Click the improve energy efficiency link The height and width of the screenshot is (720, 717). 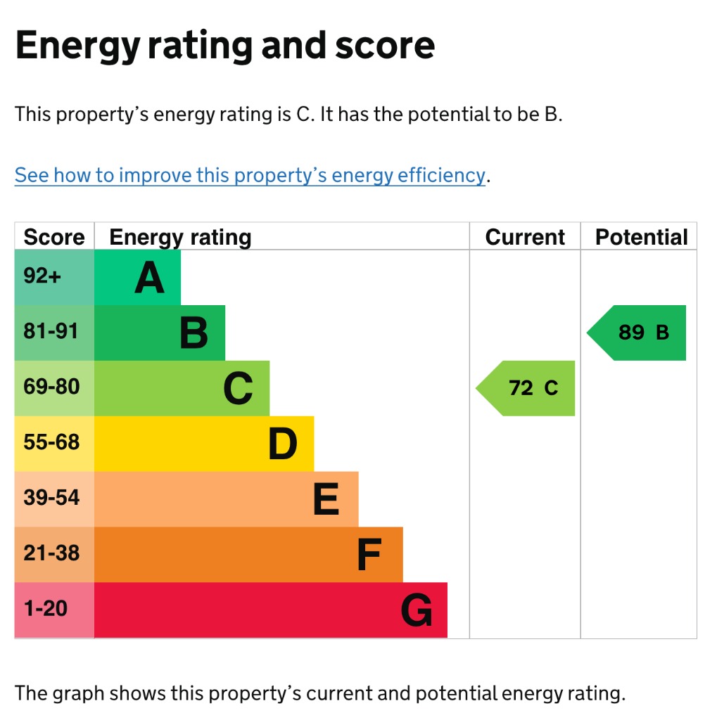(x=250, y=175)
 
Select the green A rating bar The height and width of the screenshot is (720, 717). (x=137, y=278)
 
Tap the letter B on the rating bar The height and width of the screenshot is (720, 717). (x=193, y=333)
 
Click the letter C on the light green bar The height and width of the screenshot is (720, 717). (x=238, y=389)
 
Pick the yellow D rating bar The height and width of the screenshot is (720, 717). (x=204, y=444)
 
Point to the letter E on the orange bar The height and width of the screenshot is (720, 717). (x=326, y=499)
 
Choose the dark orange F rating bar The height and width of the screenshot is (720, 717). (x=248, y=555)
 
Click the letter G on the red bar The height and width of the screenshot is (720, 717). (x=416, y=610)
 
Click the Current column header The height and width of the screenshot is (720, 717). (x=525, y=238)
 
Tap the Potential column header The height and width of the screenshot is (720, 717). (x=641, y=238)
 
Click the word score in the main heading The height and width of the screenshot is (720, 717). (x=384, y=46)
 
